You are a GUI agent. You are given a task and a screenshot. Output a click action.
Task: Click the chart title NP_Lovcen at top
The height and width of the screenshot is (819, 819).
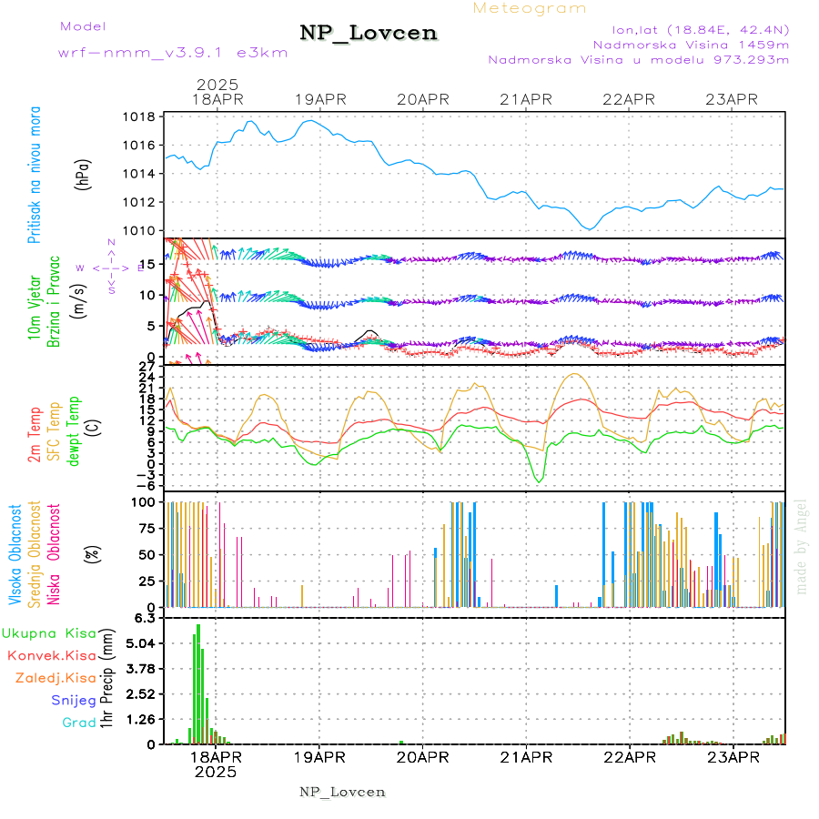(x=369, y=34)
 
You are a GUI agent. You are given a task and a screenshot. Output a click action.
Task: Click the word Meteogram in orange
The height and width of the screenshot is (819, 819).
(x=530, y=8)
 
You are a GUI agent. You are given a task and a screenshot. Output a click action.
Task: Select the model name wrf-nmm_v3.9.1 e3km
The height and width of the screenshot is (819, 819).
(x=173, y=53)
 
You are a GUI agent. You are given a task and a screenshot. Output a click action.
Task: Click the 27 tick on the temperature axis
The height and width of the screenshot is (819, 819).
(x=145, y=367)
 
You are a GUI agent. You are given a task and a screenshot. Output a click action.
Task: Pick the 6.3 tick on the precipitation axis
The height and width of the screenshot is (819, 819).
(x=145, y=619)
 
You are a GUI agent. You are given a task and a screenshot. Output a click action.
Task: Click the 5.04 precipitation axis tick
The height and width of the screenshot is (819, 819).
(x=141, y=643)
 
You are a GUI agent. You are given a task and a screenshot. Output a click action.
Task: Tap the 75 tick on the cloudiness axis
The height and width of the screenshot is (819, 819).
(x=145, y=528)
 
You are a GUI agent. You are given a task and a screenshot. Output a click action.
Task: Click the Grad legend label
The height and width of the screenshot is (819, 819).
(x=78, y=723)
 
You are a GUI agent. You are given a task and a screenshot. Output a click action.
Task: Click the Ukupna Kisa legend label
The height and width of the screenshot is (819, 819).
(x=49, y=632)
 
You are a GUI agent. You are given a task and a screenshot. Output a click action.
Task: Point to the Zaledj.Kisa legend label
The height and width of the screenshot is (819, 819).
(x=56, y=677)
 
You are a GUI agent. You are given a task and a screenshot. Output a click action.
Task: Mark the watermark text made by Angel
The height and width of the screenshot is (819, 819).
(x=802, y=546)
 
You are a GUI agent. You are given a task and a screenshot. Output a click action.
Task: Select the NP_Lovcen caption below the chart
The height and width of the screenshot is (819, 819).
(x=342, y=792)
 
